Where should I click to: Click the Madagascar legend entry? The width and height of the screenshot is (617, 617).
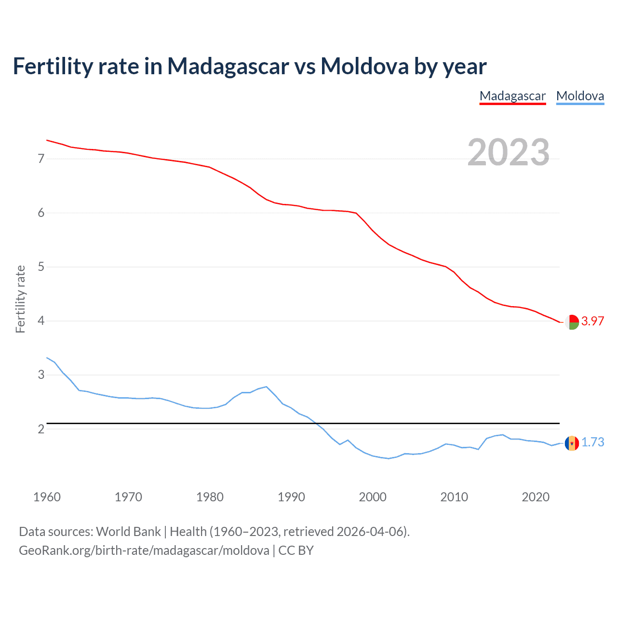pos(512,96)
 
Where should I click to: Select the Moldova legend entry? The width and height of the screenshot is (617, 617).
pos(580,96)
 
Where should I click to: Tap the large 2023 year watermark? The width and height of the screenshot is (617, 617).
pos(509,152)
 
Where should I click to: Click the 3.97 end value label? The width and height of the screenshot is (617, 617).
pos(592,321)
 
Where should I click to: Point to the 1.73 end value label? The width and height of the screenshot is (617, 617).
pos(592,442)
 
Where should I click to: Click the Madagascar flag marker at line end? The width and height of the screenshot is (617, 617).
pos(572,322)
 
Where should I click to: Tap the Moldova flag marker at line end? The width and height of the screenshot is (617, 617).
pos(572,443)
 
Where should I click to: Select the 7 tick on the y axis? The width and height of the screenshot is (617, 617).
pos(41,159)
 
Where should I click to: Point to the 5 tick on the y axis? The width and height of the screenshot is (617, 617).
pos(41,267)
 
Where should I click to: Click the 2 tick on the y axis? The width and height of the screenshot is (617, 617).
pos(41,429)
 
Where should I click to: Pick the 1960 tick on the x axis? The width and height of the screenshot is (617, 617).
pos(47,497)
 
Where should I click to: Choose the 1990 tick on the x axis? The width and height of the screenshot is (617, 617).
pos(291,497)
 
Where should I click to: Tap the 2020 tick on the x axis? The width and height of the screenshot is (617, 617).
pos(536,497)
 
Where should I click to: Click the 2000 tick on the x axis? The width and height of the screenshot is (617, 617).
pos(373,497)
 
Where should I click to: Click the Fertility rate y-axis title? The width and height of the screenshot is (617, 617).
pos(20,299)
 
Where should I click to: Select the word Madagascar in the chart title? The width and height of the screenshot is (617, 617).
pos(228,66)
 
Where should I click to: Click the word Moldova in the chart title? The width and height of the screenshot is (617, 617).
pos(364,66)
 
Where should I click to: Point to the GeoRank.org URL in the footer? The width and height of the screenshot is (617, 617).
pos(144,550)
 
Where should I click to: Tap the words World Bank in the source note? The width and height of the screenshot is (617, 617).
pos(128,532)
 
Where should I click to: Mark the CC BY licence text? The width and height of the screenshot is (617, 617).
pos(296,550)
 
